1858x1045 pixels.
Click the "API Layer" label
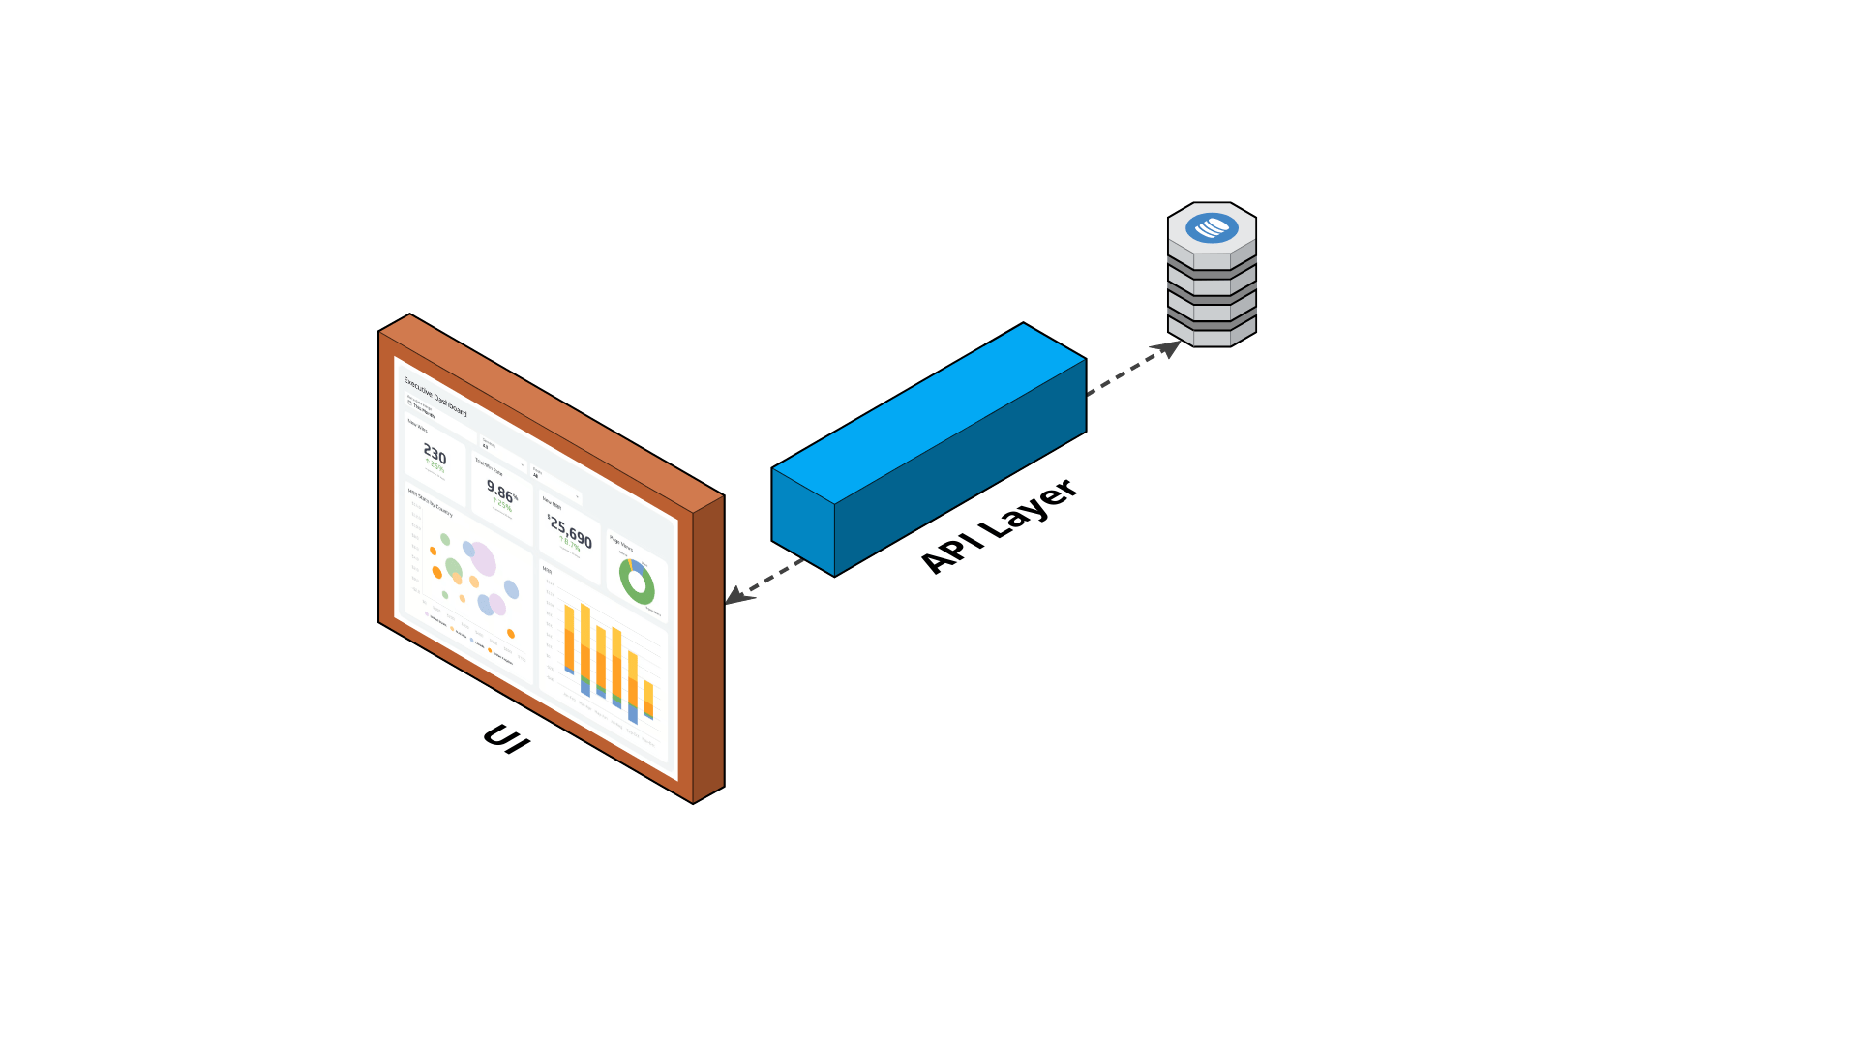tap(999, 526)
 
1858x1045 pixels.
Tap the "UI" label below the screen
tap(507, 739)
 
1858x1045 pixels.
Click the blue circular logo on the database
tap(1212, 228)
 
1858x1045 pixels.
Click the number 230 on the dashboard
tap(435, 454)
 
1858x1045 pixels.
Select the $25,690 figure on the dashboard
tap(570, 530)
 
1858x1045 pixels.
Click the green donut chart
tap(637, 582)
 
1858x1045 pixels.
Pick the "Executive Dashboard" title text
tap(435, 396)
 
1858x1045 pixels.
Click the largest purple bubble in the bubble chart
tap(482, 559)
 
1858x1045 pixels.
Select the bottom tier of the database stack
tap(1212, 334)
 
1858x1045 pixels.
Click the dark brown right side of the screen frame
tap(708, 648)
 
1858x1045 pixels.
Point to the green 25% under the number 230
tap(435, 467)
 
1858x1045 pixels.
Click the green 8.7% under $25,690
tap(570, 544)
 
